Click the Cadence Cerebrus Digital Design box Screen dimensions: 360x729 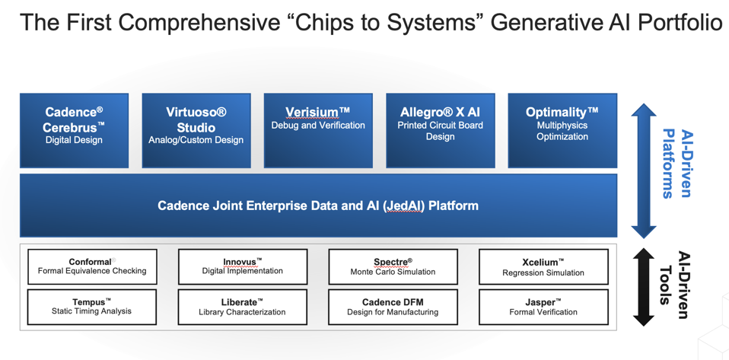coord(74,130)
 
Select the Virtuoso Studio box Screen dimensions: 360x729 coord(196,130)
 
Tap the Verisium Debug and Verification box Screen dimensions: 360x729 coord(318,130)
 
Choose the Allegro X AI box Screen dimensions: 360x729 coord(440,130)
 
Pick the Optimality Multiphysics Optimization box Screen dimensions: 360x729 coord(562,130)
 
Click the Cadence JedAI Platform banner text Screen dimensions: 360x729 coord(318,205)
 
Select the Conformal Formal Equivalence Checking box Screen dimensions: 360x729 coord(92,266)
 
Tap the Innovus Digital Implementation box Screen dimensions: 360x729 coord(242,266)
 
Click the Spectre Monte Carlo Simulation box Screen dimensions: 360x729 coord(393,266)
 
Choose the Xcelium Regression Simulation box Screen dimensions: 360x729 coord(543,266)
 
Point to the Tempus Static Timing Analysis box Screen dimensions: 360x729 coord(92,307)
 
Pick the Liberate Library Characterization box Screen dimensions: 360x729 coord(242,307)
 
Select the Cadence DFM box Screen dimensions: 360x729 coord(393,307)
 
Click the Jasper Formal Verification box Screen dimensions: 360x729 coord(543,307)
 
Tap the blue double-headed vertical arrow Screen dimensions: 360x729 coord(644,171)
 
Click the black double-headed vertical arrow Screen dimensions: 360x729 coord(644,287)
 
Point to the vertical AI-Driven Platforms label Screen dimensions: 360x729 coord(676,163)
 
